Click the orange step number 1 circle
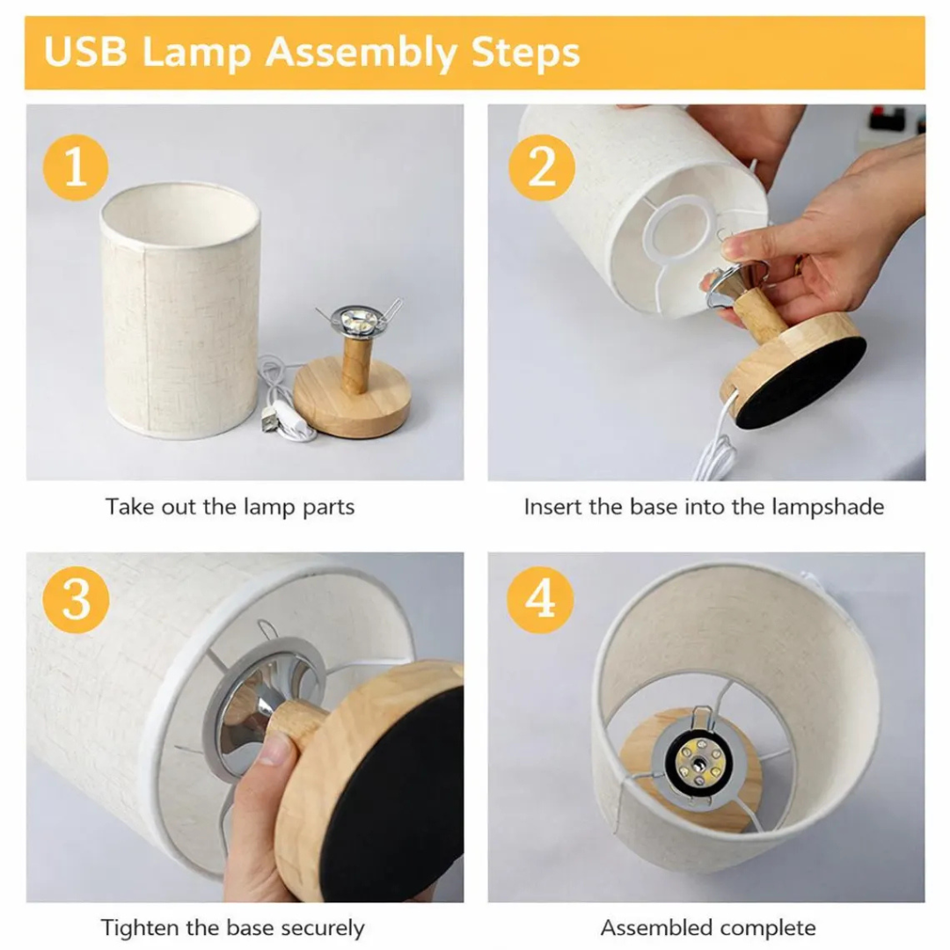75,167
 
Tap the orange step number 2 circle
541,167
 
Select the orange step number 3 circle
76,600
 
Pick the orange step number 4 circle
540,600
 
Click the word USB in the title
85,52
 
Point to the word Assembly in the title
362,54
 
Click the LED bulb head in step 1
358,320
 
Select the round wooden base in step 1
351,397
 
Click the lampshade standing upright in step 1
180,311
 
